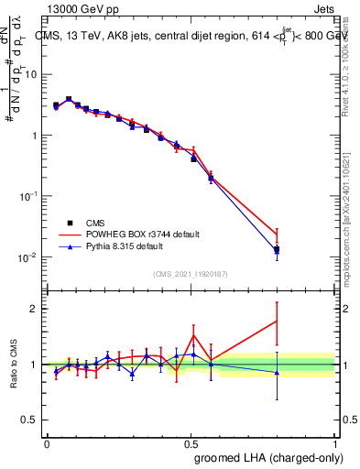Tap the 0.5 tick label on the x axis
coord(191,443)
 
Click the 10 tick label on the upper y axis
coord(31,75)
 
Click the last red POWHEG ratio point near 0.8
coord(277,321)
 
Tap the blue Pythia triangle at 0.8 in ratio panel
coord(277,372)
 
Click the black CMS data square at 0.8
coord(277,249)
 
